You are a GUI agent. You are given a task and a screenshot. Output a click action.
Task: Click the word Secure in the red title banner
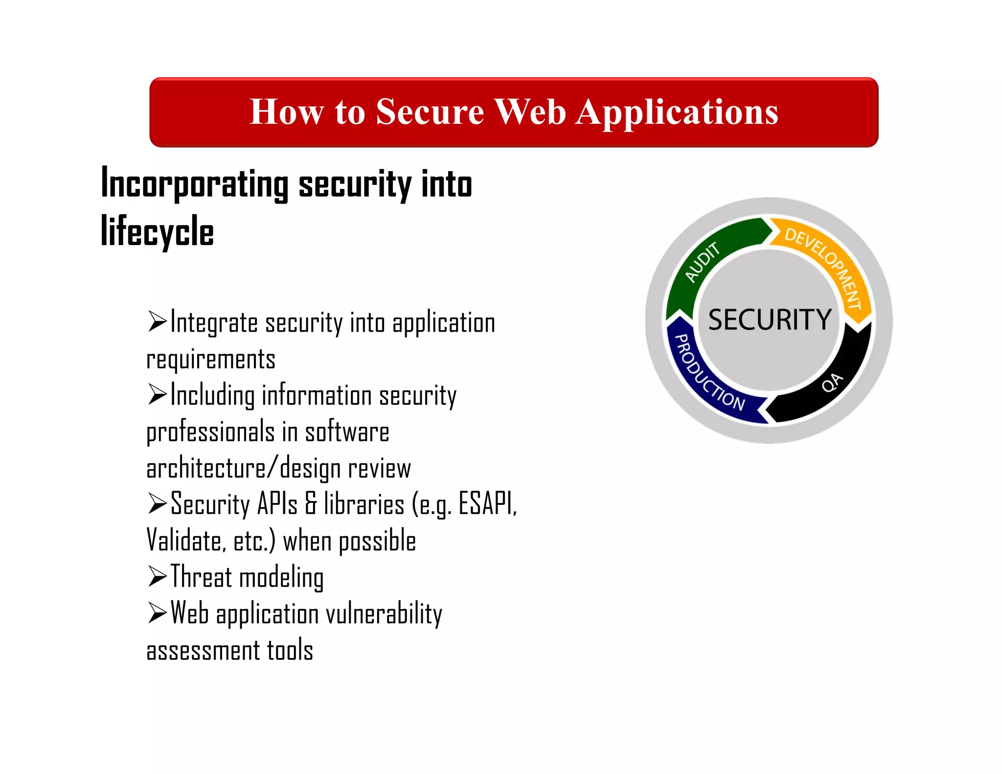pyautogui.click(x=430, y=112)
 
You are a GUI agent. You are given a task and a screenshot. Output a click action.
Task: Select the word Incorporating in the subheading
pyautogui.click(x=194, y=184)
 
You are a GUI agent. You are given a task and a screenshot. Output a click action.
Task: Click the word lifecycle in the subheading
pyautogui.click(x=157, y=231)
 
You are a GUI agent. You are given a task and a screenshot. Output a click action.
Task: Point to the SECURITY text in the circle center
pyautogui.click(x=770, y=320)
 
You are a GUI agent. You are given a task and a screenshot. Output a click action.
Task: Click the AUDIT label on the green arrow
pyautogui.click(x=702, y=263)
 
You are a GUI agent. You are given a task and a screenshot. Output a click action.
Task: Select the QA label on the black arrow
pyautogui.click(x=832, y=383)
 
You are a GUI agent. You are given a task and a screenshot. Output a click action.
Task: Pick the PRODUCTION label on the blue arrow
pyautogui.click(x=708, y=373)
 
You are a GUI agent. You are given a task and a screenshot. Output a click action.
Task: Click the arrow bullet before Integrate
pyautogui.click(x=157, y=322)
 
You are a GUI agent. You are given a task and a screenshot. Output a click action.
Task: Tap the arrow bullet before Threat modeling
pyautogui.click(x=157, y=576)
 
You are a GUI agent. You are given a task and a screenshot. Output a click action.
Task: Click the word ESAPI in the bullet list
pyautogui.click(x=487, y=503)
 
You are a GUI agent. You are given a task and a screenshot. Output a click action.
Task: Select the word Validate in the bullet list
pyautogui.click(x=186, y=541)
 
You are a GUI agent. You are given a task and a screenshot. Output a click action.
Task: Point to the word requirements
pyautogui.click(x=211, y=360)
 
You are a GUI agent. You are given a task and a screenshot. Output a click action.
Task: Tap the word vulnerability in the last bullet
pyautogui.click(x=384, y=614)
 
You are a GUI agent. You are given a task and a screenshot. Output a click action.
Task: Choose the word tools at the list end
pyautogui.click(x=290, y=651)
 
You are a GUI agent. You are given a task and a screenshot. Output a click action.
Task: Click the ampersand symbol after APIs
pyautogui.click(x=311, y=504)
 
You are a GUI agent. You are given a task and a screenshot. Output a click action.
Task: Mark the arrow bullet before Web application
pyautogui.click(x=157, y=613)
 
